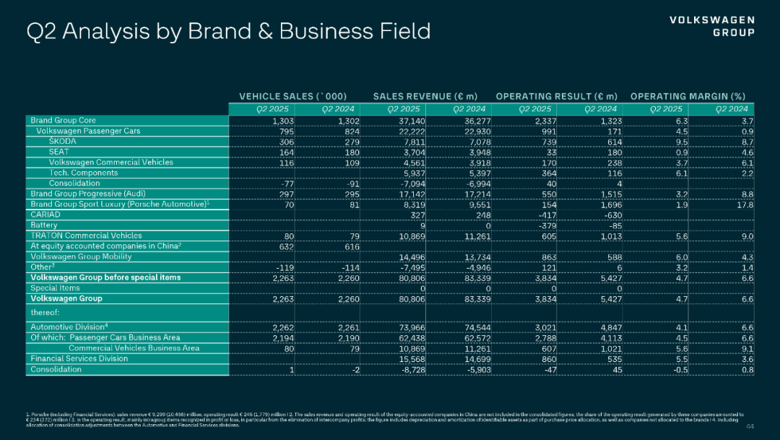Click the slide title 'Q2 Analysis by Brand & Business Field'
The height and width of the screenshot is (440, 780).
(x=228, y=32)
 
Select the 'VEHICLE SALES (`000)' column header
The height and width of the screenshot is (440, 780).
(x=293, y=96)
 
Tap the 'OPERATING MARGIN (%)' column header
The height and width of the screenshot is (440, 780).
(x=688, y=96)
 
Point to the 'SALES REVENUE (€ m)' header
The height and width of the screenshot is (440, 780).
(x=425, y=96)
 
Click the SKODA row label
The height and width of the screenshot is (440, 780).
(x=63, y=142)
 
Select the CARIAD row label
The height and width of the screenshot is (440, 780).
(x=44, y=215)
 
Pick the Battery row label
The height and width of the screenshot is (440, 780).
(x=44, y=225)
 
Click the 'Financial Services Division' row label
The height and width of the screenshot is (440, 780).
(x=79, y=358)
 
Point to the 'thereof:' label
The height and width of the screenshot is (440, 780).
(x=45, y=313)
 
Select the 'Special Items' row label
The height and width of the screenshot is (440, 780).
(x=56, y=288)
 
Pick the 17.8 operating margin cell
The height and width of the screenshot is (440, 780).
(x=744, y=204)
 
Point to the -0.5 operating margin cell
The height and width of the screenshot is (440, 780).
(x=677, y=369)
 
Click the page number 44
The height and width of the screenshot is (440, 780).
(x=749, y=426)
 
